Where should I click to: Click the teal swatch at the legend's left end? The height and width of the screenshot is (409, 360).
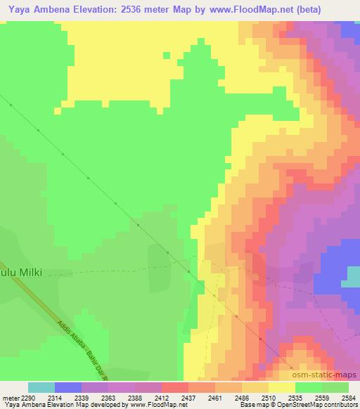(41, 387)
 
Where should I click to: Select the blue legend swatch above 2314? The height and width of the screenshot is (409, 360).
(67, 387)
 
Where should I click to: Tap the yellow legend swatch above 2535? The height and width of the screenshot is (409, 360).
(282, 387)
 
